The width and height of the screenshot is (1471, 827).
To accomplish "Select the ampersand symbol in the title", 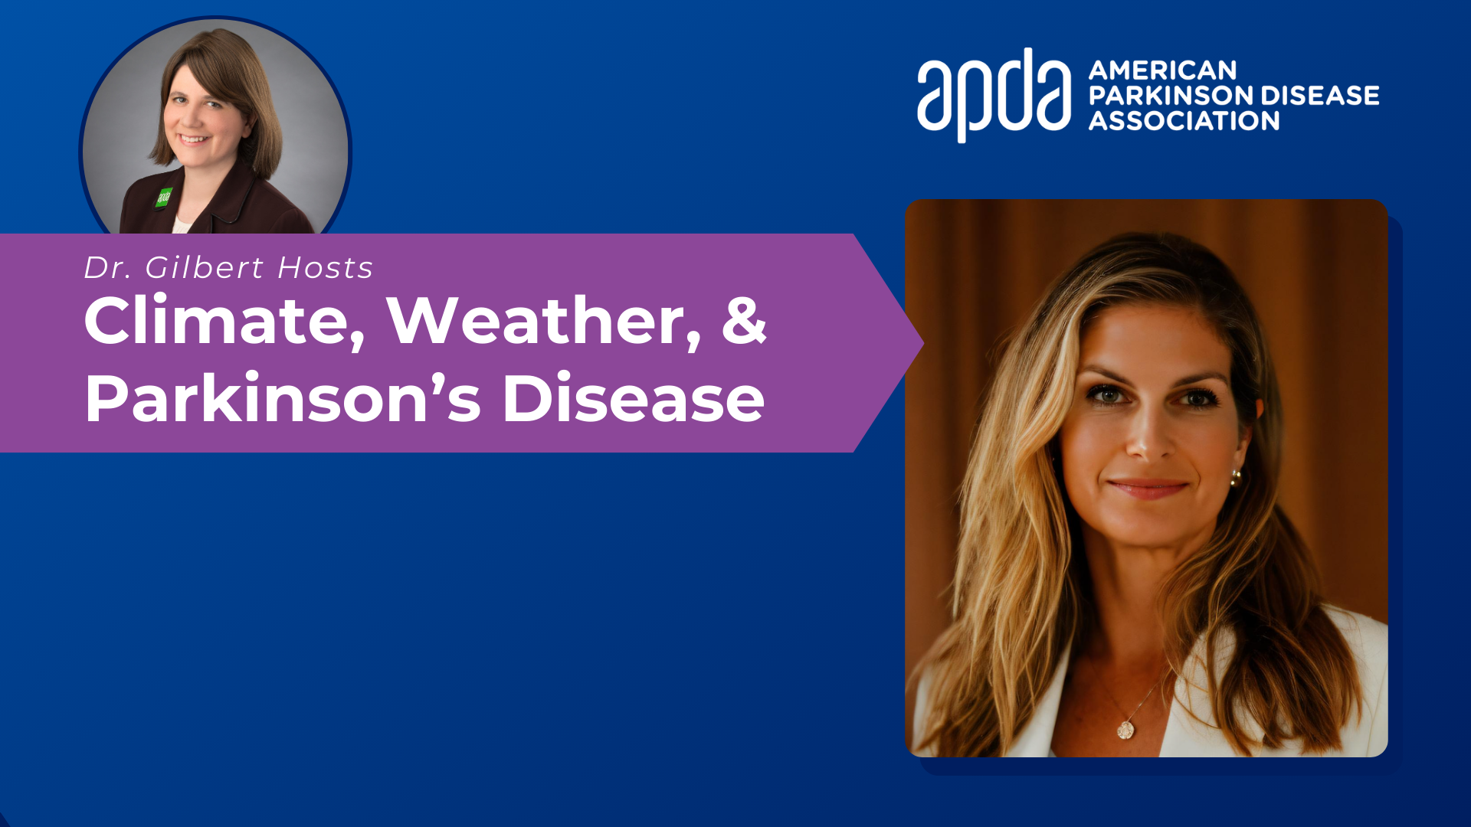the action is (x=744, y=319).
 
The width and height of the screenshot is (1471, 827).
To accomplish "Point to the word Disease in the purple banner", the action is (x=634, y=397).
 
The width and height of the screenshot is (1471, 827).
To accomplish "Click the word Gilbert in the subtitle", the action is (x=205, y=267).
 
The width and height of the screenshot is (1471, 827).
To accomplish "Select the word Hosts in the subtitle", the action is (x=325, y=267).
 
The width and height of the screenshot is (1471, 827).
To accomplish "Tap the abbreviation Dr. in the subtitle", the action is (x=108, y=267).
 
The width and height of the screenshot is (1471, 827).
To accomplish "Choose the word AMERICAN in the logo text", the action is (x=1162, y=70).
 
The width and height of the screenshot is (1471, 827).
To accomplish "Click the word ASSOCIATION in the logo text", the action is (x=1184, y=120).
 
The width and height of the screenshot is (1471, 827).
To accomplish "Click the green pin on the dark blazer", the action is (x=164, y=198).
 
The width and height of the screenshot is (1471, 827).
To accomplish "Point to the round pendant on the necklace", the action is (x=1125, y=730).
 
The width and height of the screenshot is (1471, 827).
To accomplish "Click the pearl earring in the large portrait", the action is (x=1235, y=479).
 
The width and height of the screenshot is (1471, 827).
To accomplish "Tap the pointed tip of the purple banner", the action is (x=923, y=343).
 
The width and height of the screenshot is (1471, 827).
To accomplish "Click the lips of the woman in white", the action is (x=1147, y=489).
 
